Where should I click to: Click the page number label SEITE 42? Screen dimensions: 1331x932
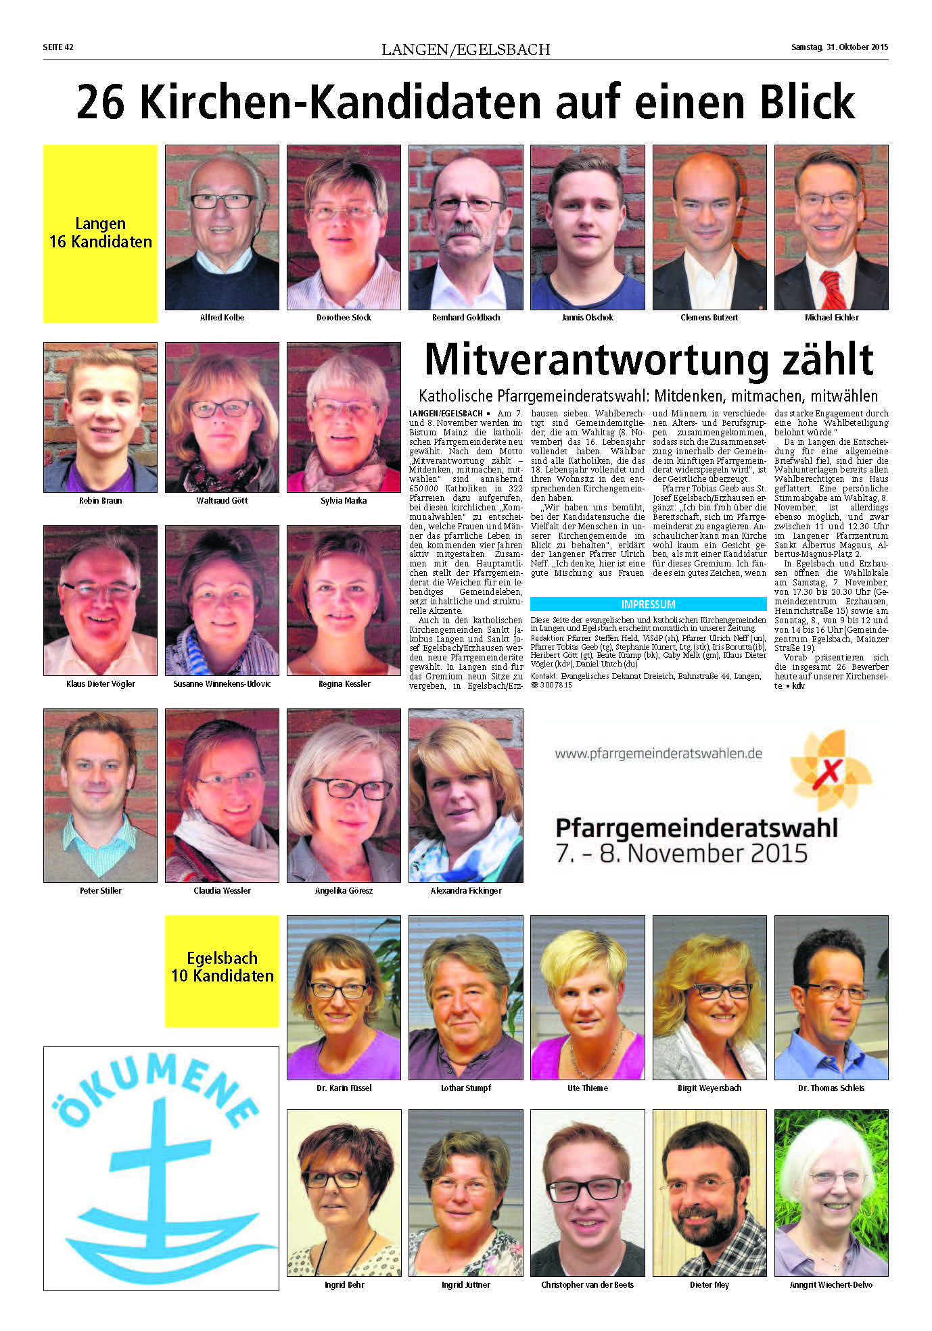[57, 47]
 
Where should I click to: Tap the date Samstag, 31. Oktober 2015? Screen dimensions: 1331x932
[839, 47]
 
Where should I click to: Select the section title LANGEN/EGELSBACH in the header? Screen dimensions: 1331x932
[465, 49]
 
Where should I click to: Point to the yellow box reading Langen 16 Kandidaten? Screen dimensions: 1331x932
[100, 233]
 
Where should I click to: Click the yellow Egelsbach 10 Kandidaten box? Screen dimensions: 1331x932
[222, 971]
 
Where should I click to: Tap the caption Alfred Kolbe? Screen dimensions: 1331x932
[222, 317]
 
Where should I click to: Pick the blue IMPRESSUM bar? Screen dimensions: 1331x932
[648, 604]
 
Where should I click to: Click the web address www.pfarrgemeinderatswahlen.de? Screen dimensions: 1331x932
[658, 753]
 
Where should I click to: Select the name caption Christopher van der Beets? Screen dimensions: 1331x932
[587, 1284]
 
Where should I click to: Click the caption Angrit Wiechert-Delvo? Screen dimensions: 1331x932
[831, 1284]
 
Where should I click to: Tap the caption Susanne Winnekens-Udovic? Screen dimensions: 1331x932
[222, 683]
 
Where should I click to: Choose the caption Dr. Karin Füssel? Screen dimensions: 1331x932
[344, 1088]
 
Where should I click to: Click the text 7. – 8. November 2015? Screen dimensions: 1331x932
[681, 853]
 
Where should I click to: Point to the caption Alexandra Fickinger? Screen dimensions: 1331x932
[466, 890]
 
